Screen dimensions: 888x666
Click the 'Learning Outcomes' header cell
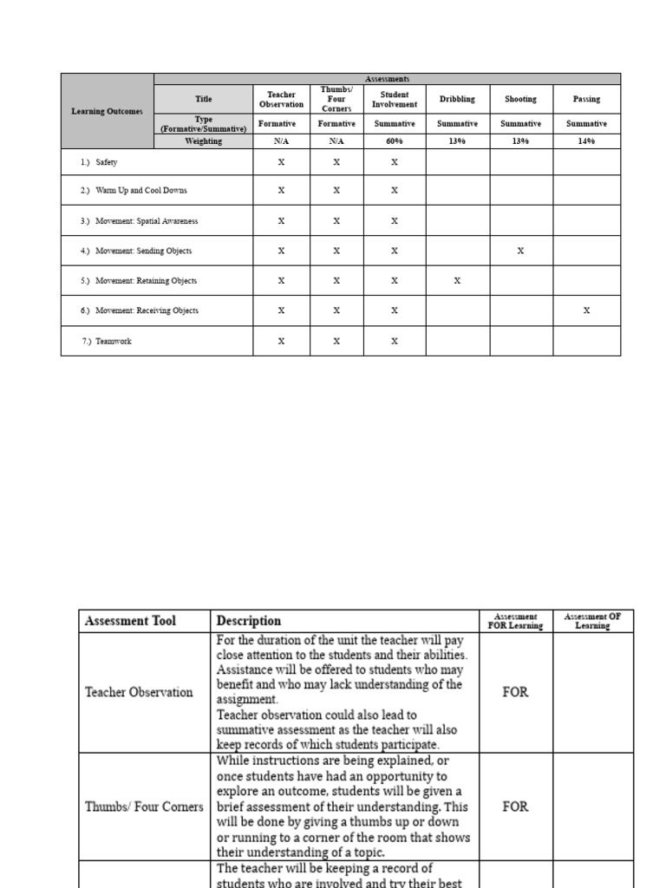click(107, 111)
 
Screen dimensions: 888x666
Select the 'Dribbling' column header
click(457, 100)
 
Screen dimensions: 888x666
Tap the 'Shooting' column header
click(521, 100)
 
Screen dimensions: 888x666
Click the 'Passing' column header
click(586, 100)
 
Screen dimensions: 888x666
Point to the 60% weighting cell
click(394, 140)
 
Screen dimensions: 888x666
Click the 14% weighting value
click(586, 140)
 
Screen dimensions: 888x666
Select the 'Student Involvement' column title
click(394, 100)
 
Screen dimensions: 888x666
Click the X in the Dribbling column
click(457, 281)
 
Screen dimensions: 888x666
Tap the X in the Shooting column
click(521, 251)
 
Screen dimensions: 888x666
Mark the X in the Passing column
click(586, 310)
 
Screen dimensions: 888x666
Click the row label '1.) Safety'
click(100, 162)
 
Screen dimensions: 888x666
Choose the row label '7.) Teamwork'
click(107, 342)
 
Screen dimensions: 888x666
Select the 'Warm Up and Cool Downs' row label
click(134, 190)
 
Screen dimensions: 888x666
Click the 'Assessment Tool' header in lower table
click(130, 621)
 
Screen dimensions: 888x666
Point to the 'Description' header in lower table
click(249, 621)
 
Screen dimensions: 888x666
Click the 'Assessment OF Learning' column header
click(593, 621)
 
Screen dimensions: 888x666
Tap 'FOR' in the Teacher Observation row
click(515, 693)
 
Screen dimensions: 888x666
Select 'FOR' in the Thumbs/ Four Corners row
click(515, 806)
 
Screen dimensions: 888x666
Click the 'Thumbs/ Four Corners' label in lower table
click(144, 806)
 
